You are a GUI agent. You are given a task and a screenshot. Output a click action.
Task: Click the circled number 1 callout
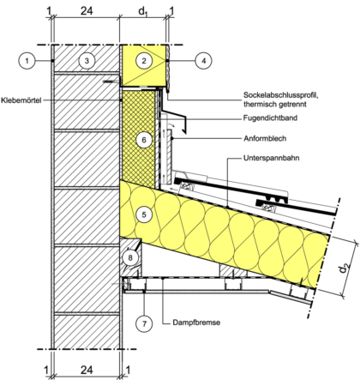tap(27, 61)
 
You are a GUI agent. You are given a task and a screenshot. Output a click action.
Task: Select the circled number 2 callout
tap(144, 61)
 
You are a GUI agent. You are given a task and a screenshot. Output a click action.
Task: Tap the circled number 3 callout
tap(87, 61)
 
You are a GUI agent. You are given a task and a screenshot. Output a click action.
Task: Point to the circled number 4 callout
tap(204, 61)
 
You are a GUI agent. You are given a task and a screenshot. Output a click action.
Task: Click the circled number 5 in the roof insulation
tap(144, 214)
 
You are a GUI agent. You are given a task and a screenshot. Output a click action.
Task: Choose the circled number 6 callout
tap(144, 140)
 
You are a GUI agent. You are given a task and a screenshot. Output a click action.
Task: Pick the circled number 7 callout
tap(144, 323)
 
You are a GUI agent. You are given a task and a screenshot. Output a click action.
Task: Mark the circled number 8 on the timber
tap(130, 258)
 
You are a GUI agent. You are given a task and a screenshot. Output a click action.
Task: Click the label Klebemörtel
tap(21, 100)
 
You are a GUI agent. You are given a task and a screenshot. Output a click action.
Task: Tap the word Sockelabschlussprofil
tap(280, 94)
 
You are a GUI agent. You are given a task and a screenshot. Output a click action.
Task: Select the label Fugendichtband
tap(270, 118)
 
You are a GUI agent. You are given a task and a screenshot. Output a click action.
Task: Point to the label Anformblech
tap(265, 139)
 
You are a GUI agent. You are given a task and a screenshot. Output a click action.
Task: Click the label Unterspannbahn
tap(272, 158)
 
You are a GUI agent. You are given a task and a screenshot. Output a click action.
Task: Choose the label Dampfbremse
tap(196, 323)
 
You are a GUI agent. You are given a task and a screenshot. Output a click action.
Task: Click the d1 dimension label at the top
tap(143, 11)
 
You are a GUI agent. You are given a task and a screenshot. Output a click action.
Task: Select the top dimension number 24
tap(87, 11)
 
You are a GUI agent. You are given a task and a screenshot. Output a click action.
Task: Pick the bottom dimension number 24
tap(87, 370)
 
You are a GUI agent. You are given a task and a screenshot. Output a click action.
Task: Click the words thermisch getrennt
tap(275, 104)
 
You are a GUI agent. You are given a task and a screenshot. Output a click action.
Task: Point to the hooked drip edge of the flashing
tap(184, 125)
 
